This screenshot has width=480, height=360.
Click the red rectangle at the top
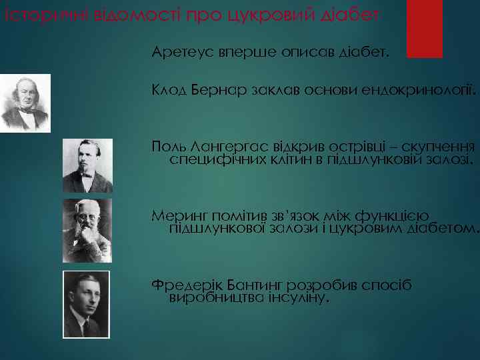tap(425, 28)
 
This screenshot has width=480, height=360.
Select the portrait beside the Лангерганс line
tap(87, 165)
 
